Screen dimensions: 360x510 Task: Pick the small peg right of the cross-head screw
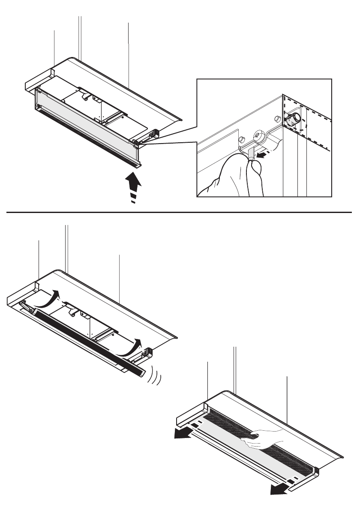pyautogui.click(x=277, y=118)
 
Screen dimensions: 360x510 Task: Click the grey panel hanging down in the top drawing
pyautogui.click(x=86, y=120)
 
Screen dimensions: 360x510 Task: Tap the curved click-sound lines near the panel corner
pyautogui.click(x=156, y=377)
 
